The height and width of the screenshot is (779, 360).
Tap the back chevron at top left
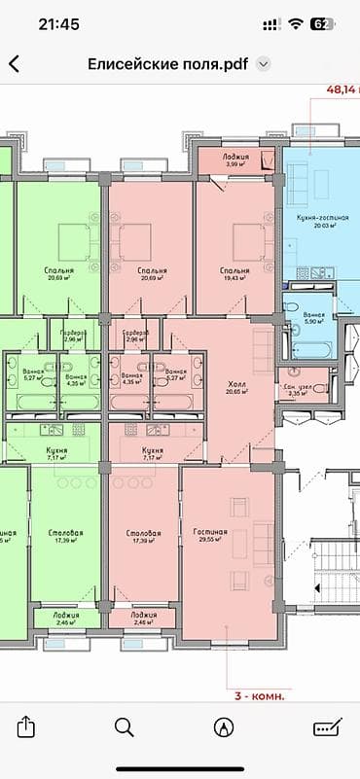click(x=14, y=64)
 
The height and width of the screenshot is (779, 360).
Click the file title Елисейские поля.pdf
click(x=166, y=64)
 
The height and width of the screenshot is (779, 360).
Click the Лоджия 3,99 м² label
click(x=235, y=159)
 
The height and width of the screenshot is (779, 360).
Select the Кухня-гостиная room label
click(x=314, y=219)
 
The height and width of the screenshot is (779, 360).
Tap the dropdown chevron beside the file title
click(x=263, y=64)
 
